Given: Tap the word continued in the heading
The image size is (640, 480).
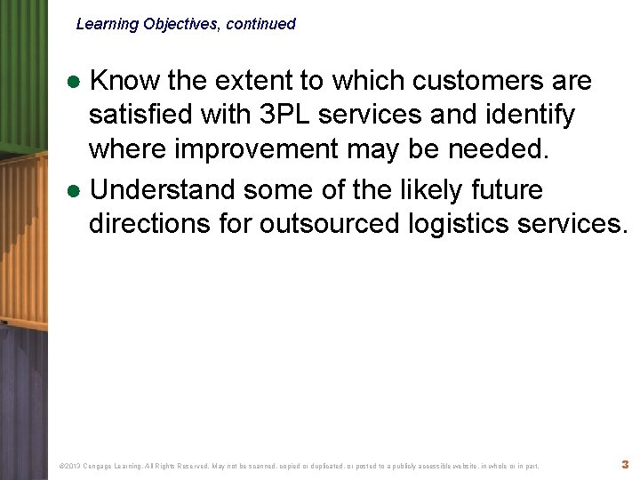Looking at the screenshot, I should [260, 25].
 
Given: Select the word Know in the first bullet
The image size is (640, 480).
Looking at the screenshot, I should [125, 81].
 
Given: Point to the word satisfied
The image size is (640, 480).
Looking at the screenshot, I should [144, 116].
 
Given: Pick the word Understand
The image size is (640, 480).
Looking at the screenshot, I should [163, 189].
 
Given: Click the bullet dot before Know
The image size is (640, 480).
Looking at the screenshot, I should [77, 82].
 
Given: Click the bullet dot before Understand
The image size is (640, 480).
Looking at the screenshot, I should [77, 190].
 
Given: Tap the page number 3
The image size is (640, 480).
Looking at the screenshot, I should [625, 464].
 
